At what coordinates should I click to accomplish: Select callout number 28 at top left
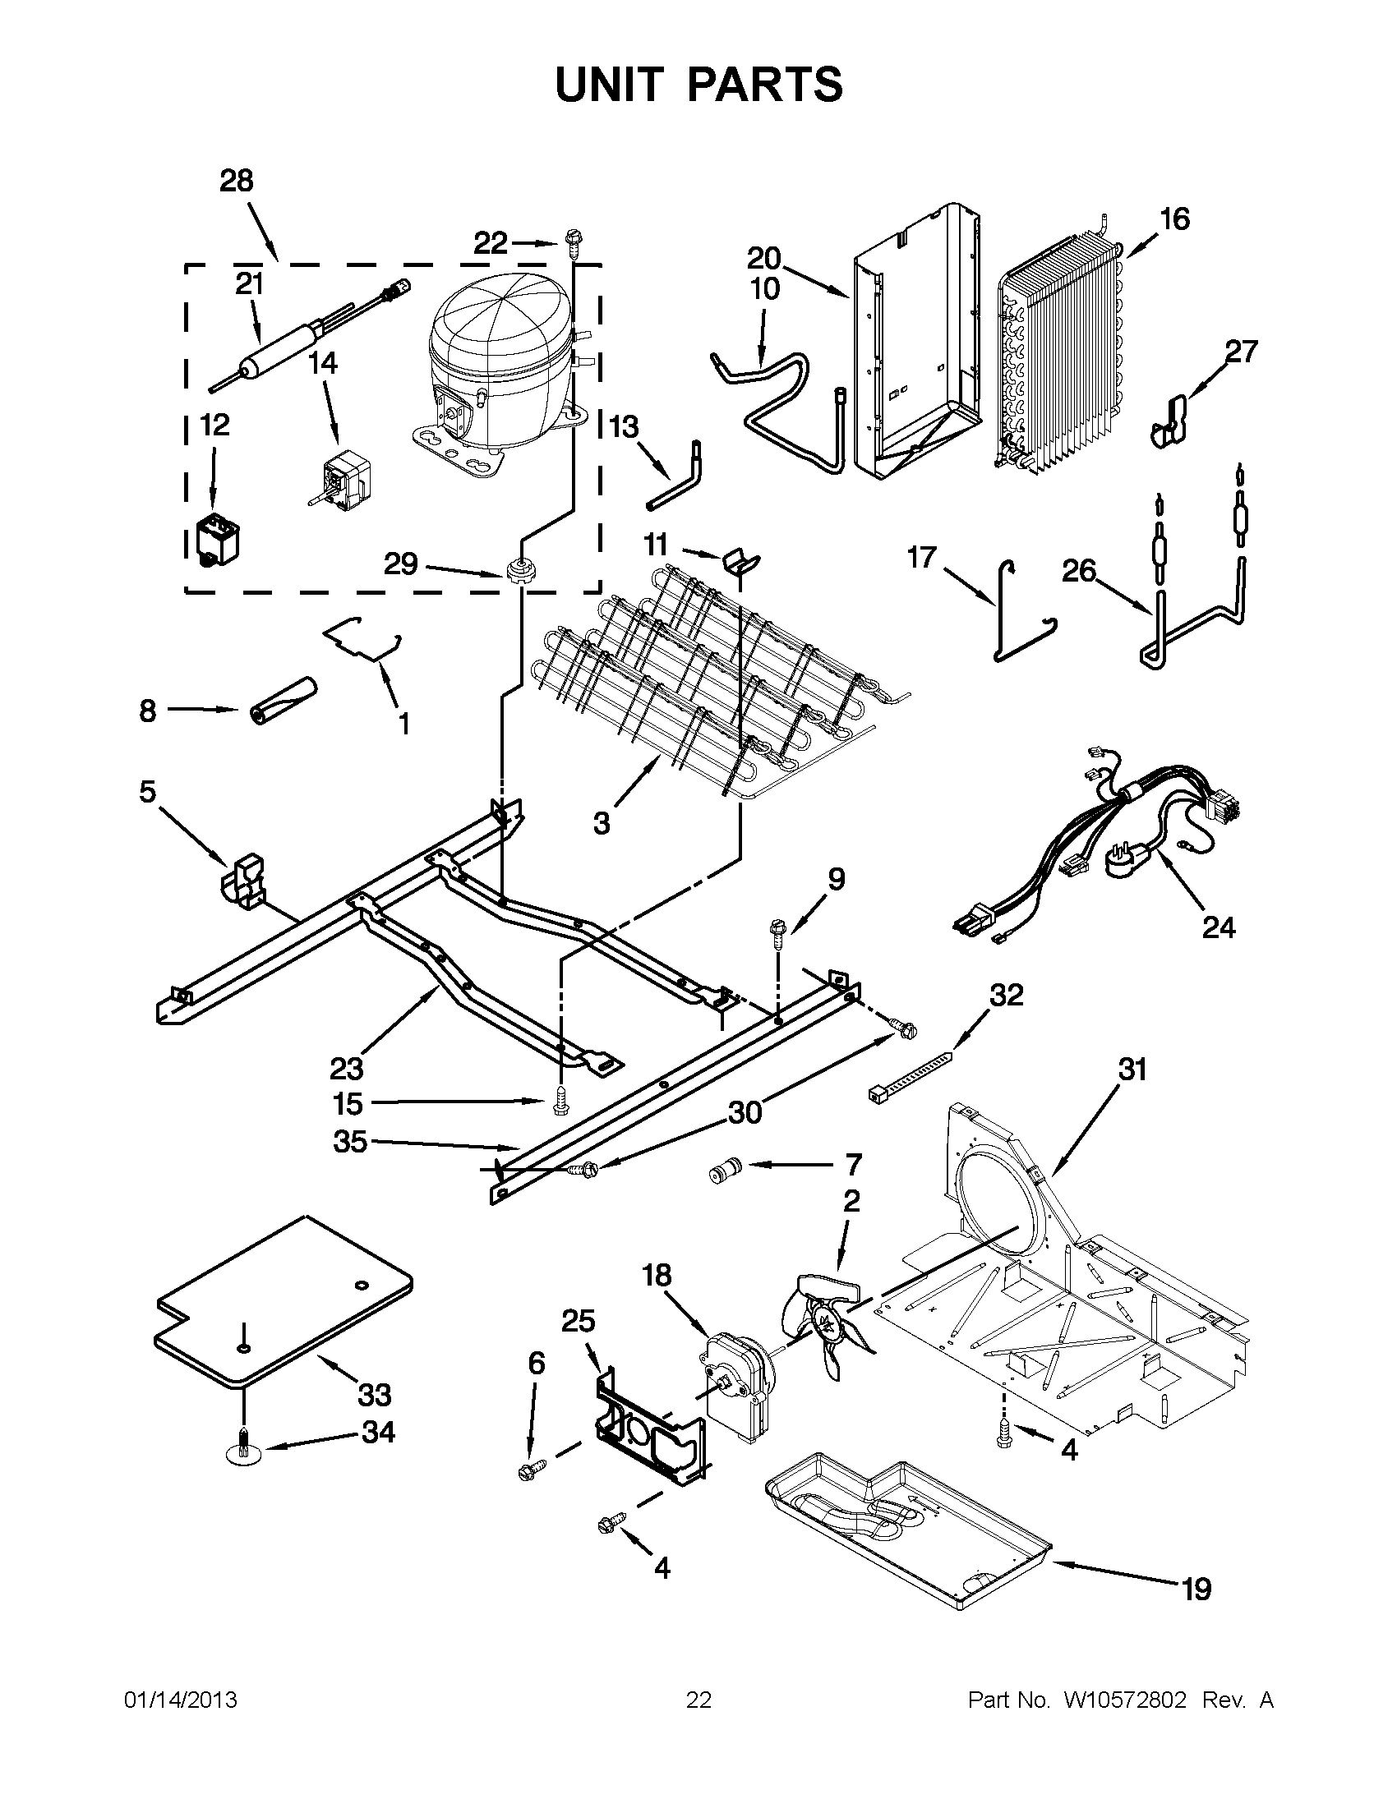point(236,182)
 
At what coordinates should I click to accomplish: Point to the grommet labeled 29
point(519,572)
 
